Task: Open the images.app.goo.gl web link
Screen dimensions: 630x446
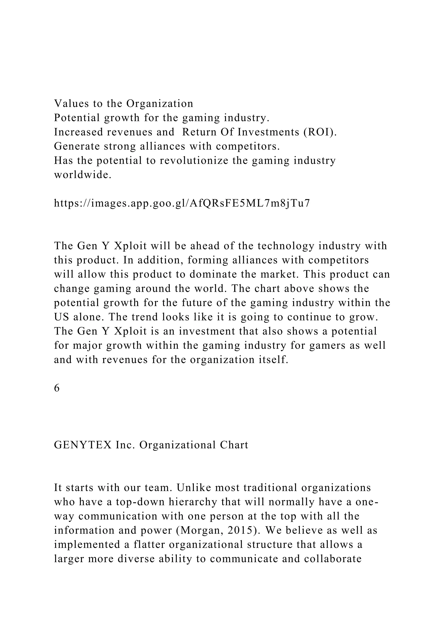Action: pos(182,203)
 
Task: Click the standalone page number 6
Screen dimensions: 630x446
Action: pos(57,388)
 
